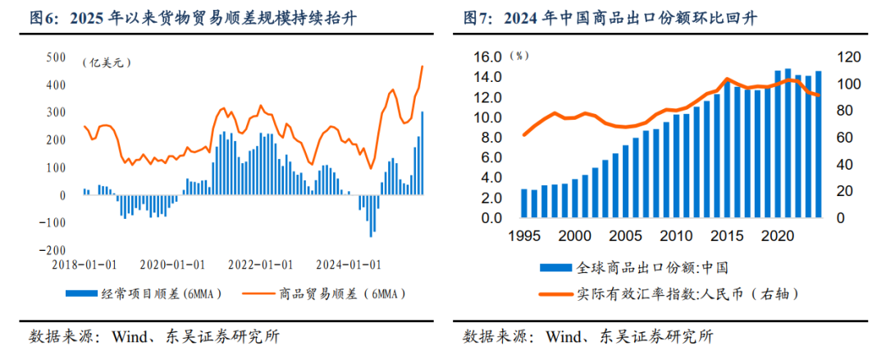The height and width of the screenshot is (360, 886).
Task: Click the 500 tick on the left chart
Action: pyautogui.click(x=56, y=57)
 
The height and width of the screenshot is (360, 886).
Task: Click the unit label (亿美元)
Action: pyautogui.click(x=106, y=62)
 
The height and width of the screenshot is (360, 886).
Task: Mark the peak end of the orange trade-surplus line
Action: pyautogui.click(x=422, y=66)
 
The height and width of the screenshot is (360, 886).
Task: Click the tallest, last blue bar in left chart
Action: pyautogui.click(x=422, y=153)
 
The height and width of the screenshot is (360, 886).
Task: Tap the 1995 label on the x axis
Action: pyautogui.click(x=523, y=235)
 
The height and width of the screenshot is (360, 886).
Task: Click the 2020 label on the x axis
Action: pyautogui.click(x=775, y=235)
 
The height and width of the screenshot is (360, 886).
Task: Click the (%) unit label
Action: pyautogui.click(x=519, y=56)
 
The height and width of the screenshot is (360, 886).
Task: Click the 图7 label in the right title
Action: pyautogui.click(x=477, y=16)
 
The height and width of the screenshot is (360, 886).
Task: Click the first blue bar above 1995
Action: pyautogui.click(x=524, y=204)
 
